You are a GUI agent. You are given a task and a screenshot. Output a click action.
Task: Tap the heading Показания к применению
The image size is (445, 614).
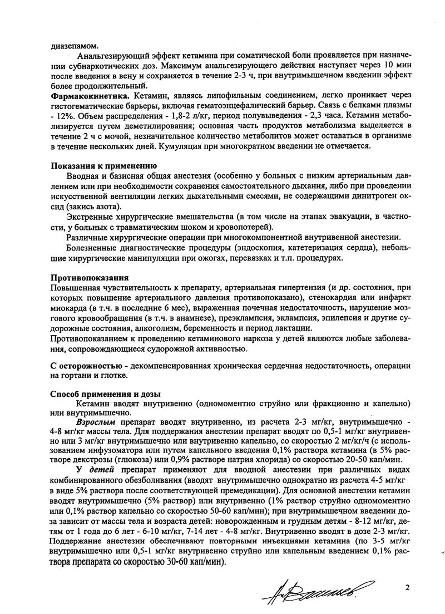(104, 166)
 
